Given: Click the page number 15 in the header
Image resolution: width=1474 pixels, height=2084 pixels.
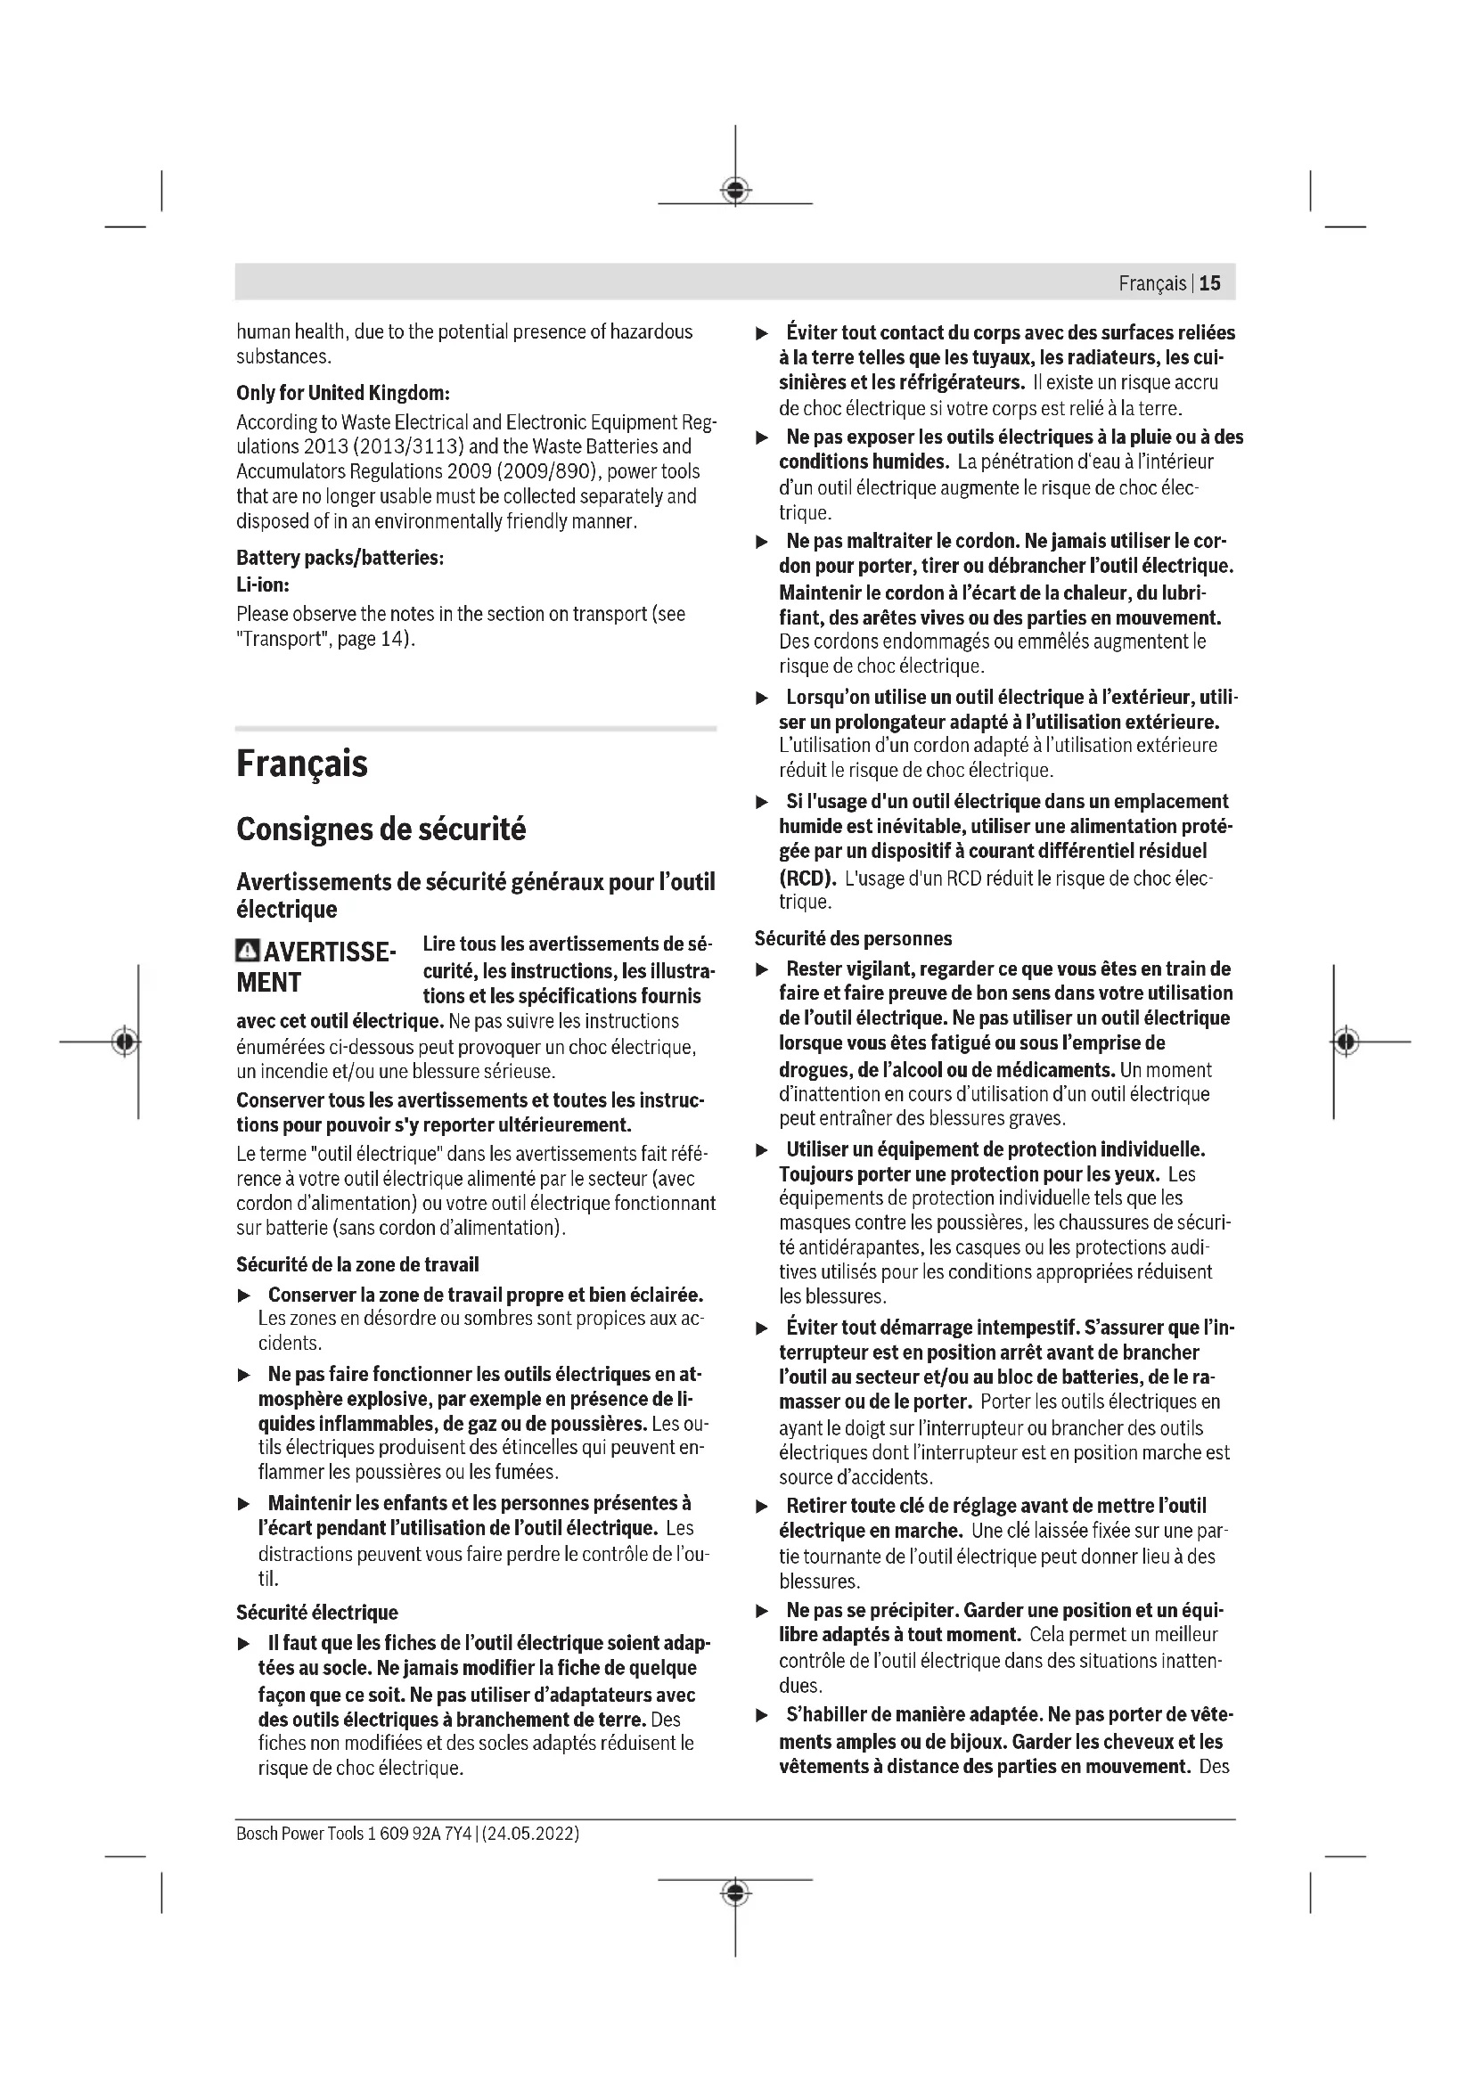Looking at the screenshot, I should [1210, 283].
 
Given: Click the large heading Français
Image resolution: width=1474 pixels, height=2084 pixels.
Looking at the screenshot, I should [301, 764].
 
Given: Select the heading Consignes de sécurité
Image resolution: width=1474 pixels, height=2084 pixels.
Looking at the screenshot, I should [381, 829].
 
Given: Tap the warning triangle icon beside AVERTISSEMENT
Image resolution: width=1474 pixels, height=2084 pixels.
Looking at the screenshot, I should [247, 952].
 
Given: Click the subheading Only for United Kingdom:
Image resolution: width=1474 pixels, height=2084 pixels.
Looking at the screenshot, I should [342, 393].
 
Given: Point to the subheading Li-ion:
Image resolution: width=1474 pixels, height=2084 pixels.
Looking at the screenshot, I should [262, 585].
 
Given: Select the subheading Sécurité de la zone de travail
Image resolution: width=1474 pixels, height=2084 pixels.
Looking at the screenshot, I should [356, 1264].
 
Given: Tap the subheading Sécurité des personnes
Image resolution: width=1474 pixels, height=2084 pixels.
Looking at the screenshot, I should [853, 938].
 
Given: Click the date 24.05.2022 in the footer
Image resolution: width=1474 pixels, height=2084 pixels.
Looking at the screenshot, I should [531, 1834].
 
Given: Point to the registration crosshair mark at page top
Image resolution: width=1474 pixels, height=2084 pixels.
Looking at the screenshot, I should [735, 190].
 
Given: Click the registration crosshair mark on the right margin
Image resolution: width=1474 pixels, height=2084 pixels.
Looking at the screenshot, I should [1347, 1041].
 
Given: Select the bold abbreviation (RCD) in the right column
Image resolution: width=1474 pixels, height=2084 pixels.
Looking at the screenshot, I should [807, 879].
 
